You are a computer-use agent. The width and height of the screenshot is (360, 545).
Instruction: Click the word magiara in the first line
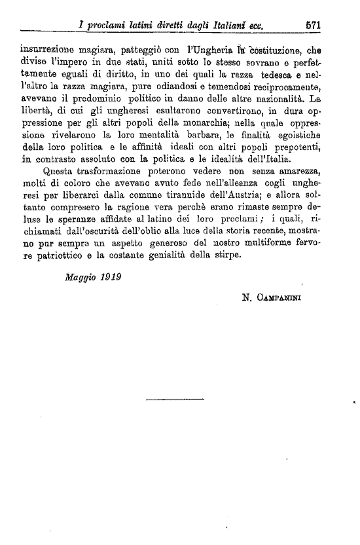[107, 48]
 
